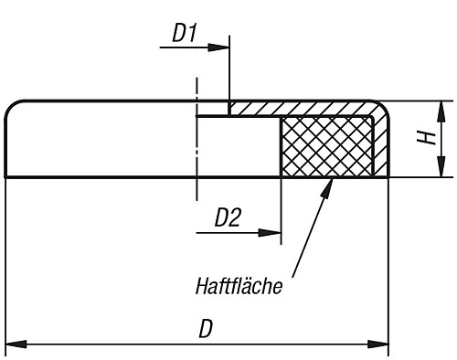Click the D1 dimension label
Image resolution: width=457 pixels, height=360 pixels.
185,33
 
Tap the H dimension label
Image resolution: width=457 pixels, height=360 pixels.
425,138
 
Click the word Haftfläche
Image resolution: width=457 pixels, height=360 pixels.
239,285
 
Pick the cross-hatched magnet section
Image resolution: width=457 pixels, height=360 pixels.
325,146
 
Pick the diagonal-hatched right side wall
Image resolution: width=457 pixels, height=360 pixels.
381,146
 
